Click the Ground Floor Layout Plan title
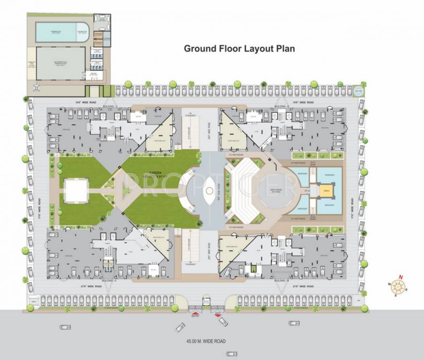(239, 48)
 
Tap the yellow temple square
(325, 190)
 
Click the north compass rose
(399, 286)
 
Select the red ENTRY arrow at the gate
(195, 312)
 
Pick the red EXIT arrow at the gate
(218, 312)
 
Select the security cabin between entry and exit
(206, 303)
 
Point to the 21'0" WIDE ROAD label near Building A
(91, 285)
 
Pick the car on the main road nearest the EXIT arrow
(223, 322)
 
